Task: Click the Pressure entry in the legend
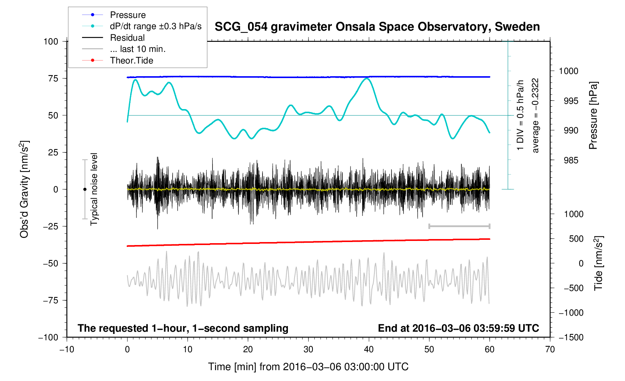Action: click(128, 15)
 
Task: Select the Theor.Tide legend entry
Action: click(131, 61)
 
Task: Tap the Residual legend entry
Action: click(127, 38)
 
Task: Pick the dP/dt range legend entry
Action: click(156, 26)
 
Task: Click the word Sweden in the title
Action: click(517, 27)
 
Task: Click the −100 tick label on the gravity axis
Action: click(48, 337)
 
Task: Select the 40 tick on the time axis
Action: click(369, 349)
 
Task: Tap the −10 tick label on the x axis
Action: click(67, 349)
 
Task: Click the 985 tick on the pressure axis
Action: click(568, 161)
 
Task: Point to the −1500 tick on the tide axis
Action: click(571, 337)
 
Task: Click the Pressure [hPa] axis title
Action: click(593, 116)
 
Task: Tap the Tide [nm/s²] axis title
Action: click(599, 263)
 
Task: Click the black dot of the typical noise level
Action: click(85, 189)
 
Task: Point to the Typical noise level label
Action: click(94, 189)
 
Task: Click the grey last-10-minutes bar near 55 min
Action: click(459, 226)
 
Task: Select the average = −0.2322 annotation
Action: click(536, 115)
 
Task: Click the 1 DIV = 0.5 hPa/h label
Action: click(520, 115)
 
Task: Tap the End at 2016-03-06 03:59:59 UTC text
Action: click(458, 328)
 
